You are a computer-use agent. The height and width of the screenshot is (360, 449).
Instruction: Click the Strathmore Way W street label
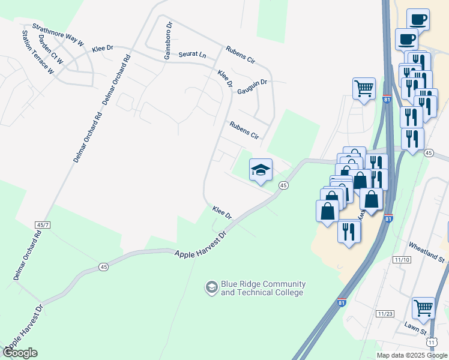(x=58, y=35)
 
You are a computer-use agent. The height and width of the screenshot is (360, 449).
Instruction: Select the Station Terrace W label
(x=38, y=53)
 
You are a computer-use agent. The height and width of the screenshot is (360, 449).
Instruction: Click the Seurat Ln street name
(x=192, y=55)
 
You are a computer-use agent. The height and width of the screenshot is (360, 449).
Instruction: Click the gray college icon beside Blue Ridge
(x=211, y=288)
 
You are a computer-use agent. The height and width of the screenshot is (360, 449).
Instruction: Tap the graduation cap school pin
(x=261, y=170)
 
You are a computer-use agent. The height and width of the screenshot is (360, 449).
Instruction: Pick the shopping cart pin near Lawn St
(x=423, y=308)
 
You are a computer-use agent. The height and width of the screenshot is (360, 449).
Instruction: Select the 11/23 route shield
(x=385, y=314)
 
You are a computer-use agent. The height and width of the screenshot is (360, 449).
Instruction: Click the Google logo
(x=20, y=353)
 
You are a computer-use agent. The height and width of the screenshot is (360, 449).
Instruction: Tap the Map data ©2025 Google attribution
(x=412, y=355)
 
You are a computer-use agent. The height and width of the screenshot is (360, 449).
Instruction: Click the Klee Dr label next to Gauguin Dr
(x=225, y=79)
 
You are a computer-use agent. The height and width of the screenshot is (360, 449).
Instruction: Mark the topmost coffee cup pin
(x=418, y=19)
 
